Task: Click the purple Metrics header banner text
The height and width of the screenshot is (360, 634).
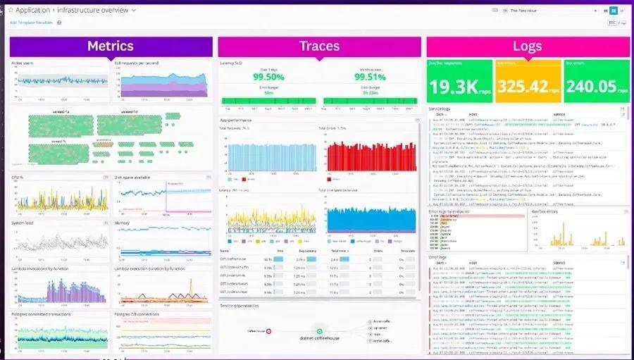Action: tap(110, 46)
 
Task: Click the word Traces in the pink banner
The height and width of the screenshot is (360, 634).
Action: tap(319, 46)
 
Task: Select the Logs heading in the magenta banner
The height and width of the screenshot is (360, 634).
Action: tap(527, 46)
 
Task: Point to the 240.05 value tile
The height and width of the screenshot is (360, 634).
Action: tap(590, 87)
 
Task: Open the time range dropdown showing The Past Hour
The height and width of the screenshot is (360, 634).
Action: tap(542, 11)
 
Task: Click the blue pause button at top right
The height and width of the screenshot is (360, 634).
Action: tap(613, 11)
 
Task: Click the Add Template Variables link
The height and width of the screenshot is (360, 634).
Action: tap(31, 23)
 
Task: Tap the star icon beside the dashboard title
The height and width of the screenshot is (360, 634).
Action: tap(10, 11)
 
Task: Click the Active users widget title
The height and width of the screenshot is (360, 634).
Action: tap(22, 63)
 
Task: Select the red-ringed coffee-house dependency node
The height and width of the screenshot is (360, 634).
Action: tap(268, 330)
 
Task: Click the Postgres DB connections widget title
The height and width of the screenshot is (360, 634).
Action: tap(141, 314)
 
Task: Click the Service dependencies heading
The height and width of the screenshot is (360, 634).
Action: tap(240, 306)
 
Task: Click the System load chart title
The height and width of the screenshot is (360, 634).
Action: tap(23, 223)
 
